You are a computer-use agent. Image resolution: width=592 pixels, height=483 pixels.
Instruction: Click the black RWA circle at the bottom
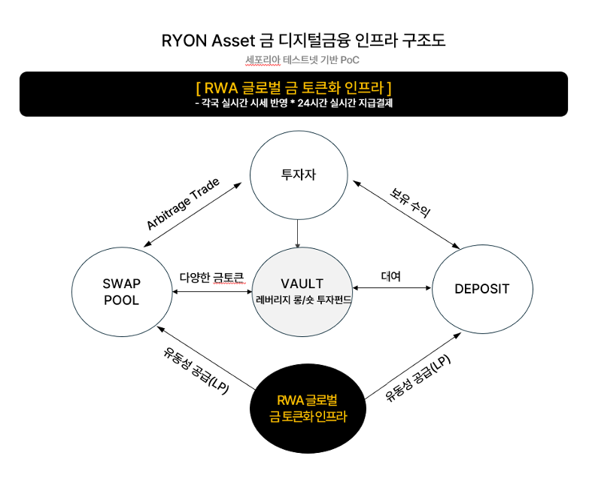(308, 409)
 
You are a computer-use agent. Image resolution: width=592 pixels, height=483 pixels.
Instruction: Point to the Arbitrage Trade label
(183, 204)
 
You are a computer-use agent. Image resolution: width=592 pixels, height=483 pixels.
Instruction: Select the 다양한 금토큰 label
(212, 278)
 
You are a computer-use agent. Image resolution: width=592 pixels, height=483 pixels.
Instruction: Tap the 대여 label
(390, 276)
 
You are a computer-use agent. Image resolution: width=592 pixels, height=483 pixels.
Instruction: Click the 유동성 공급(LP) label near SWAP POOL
(196, 371)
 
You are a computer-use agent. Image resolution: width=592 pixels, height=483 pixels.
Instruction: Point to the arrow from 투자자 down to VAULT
(298, 233)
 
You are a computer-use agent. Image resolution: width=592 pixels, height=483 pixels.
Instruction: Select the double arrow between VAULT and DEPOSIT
(391, 287)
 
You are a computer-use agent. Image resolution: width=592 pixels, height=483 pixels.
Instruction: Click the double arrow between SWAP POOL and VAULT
(212, 292)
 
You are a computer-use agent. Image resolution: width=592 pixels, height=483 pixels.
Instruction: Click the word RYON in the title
(184, 41)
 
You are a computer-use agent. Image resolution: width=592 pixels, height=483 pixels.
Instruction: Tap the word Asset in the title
(233, 41)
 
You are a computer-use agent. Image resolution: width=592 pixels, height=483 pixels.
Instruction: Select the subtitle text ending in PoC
(302, 60)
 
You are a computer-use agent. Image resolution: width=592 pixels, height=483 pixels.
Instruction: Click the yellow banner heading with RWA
(293, 88)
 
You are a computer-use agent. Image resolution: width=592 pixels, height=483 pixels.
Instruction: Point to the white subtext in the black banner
(293, 103)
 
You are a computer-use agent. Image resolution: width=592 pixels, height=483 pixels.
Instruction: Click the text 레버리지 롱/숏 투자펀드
(304, 300)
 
